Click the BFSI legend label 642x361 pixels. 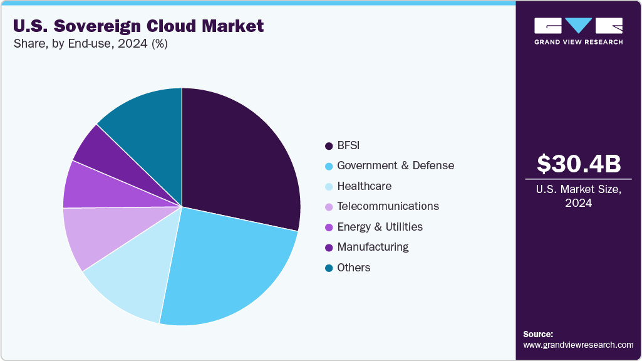[x=348, y=145]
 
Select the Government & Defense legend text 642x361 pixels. [x=395, y=165]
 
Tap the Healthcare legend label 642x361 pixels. [x=364, y=186]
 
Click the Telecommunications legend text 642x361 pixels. [x=388, y=206]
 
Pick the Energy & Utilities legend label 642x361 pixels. [x=380, y=227]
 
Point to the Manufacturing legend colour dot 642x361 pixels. [x=328, y=248]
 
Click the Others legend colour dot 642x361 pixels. [x=328, y=268]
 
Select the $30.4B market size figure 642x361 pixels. [x=579, y=164]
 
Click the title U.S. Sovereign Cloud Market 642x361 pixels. [x=138, y=26]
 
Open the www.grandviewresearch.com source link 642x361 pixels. [x=578, y=345]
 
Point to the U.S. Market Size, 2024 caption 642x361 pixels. [x=579, y=196]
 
